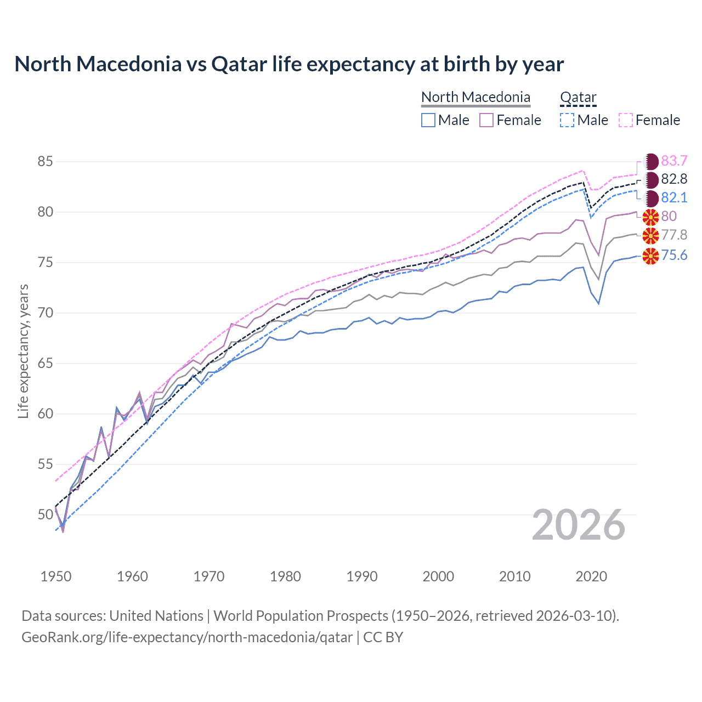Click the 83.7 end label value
pos(674,161)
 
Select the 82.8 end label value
pos(674,179)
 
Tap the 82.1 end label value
pos(674,198)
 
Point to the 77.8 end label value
pos(674,235)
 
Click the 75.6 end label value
pos(674,255)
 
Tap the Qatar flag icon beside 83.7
pos(650,161)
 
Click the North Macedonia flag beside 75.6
pos(650,256)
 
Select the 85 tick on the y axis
pos(46,162)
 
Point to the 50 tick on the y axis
pos(46,515)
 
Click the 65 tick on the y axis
pos(46,364)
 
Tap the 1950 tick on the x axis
pos(56,576)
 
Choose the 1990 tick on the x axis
pos(362,576)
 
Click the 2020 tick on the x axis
pos(591,576)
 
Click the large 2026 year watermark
pos(579,525)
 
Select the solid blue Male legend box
pos(428,120)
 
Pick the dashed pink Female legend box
pos(626,120)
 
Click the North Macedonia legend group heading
pos(475,97)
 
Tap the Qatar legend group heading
pos(578,97)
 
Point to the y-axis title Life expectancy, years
pos(23,351)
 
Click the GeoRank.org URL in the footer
pos(187,637)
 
